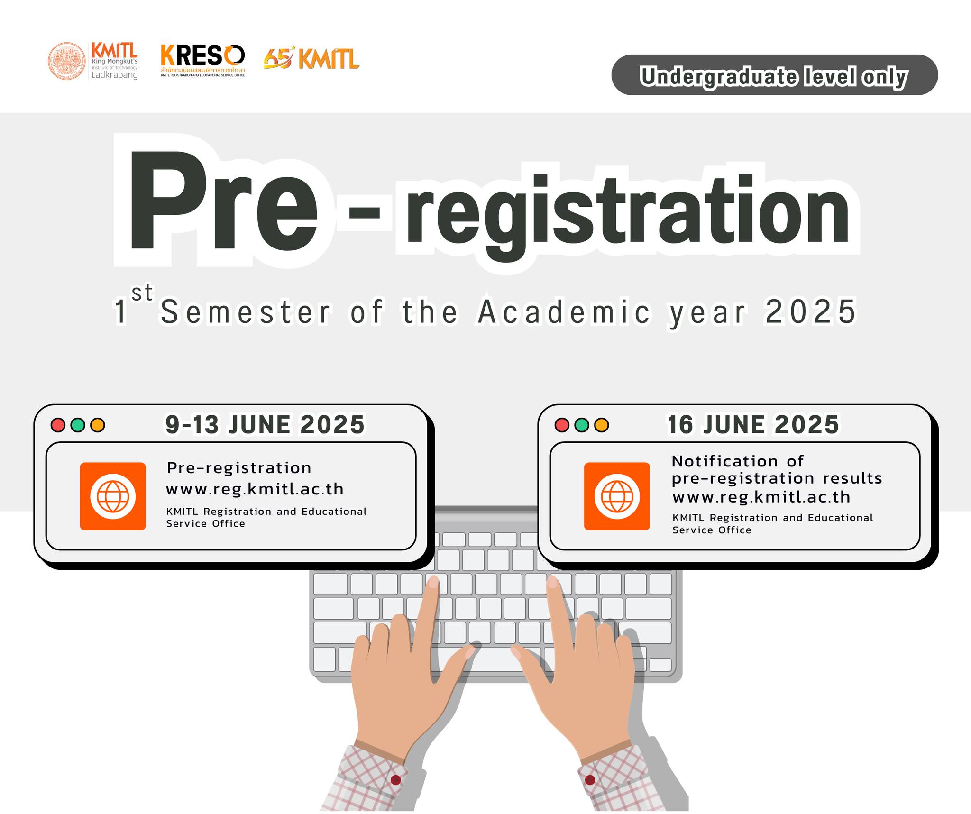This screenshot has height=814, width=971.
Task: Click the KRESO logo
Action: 203,60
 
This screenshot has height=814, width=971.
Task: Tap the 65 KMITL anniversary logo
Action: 311,58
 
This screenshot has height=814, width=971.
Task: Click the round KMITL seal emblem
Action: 67,61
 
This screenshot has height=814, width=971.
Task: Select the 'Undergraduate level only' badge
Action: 774,75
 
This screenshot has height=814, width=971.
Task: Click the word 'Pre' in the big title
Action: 223,201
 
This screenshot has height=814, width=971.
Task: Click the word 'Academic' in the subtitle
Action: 564,311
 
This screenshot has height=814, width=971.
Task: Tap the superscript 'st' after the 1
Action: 142,293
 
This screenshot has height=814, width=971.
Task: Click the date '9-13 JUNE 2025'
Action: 265,424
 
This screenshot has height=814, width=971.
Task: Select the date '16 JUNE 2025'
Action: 753,424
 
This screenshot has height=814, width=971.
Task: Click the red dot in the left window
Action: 58,425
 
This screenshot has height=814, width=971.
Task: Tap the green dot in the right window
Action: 582,425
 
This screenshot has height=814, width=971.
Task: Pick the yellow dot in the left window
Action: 98,425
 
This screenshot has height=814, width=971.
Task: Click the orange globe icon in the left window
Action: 113,496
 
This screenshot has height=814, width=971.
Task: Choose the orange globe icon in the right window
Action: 617,496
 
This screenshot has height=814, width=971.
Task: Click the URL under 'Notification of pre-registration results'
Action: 761,497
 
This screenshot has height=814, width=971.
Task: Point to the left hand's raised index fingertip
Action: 433,581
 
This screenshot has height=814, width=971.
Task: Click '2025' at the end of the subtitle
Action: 811,311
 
